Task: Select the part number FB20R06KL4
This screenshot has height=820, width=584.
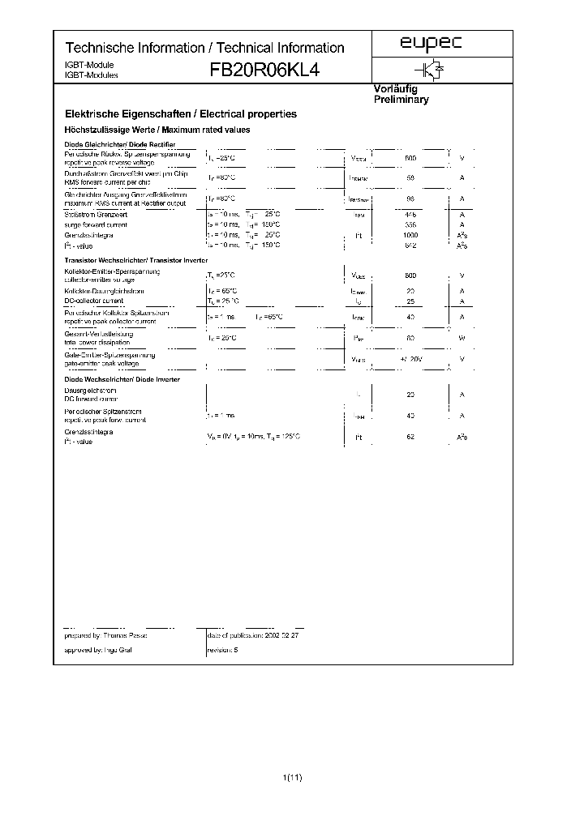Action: (x=264, y=70)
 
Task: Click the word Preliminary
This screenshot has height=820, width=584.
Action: (x=401, y=100)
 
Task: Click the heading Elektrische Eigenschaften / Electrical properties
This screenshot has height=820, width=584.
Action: (x=180, y=115)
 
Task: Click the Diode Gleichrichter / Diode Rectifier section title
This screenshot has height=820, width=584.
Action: (x=119, y=143)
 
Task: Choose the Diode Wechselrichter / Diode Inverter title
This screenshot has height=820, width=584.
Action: (x=122, y=379)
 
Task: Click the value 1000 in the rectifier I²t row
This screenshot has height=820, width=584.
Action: (x=410, y=235)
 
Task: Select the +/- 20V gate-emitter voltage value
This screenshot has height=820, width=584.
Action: (x=410, y=359)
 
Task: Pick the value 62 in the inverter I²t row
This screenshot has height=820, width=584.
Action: (x=410, y=437)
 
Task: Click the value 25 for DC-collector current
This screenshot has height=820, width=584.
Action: (x=410, y=301)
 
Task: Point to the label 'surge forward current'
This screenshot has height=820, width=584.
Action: (x=96, y=224)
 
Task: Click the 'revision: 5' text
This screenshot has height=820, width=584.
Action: (x=223, y=651)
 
